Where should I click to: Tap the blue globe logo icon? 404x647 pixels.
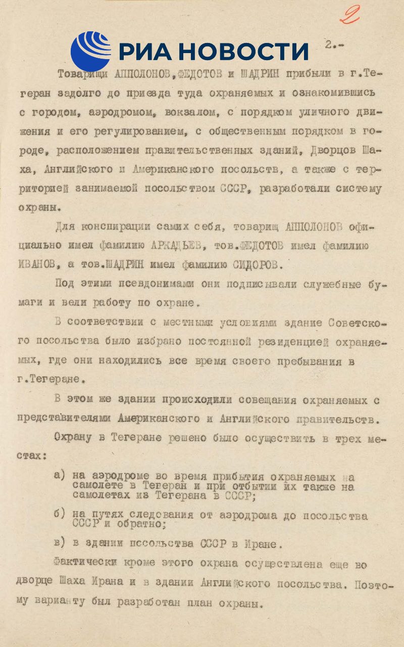coord(90,51)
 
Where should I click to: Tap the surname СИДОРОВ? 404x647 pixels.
coord(252,264)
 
